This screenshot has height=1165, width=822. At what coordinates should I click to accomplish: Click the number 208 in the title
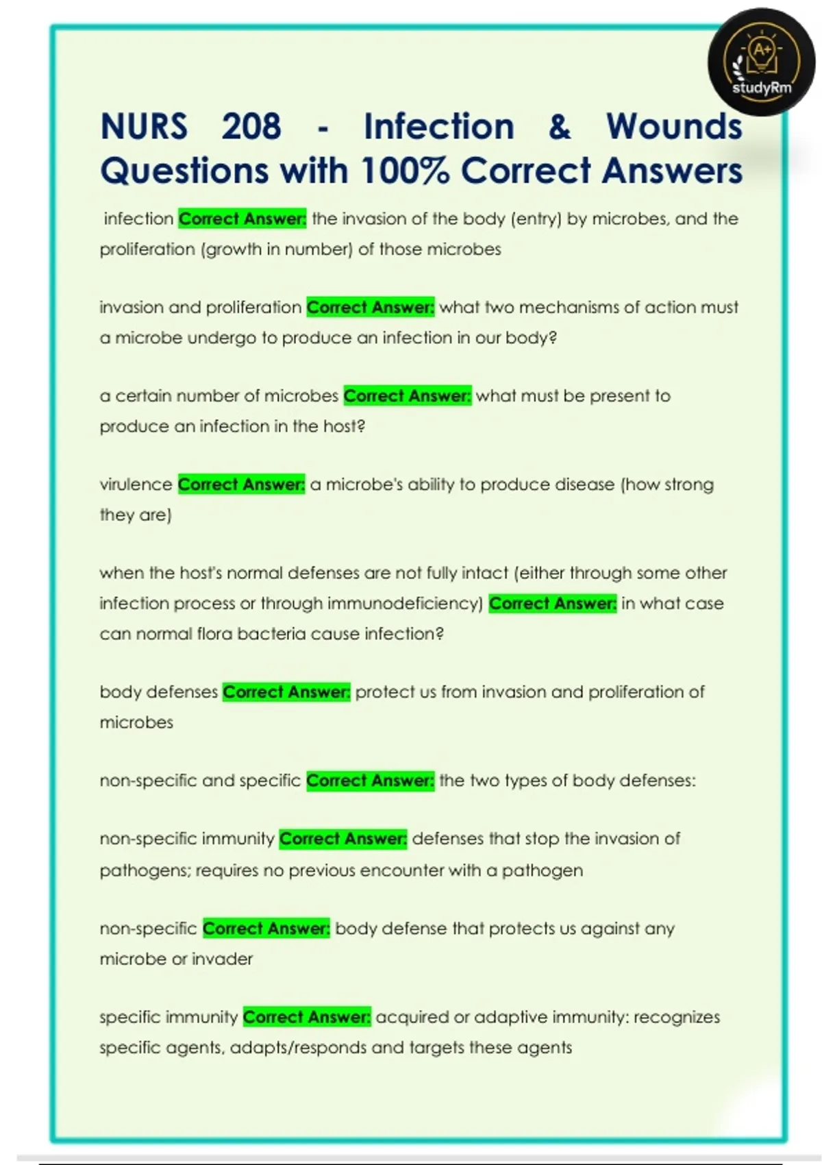[x=251, y=127]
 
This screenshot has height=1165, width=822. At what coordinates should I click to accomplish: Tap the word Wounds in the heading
[x=674, y=127]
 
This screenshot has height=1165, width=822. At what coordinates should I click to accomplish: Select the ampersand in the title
[x=559, y=127]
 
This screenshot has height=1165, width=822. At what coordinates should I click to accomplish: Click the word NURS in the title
[x=144, y=127]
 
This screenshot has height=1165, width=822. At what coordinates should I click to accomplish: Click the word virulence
[x=136, y=485]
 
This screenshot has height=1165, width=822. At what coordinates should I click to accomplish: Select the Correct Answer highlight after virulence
[x=241, y=485]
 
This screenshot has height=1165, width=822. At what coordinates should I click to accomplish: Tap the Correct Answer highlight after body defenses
[x=286, y=692]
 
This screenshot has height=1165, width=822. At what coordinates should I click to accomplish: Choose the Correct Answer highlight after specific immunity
[x=307, y=1017]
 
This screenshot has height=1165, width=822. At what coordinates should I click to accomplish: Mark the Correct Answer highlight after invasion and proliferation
[x=370, y=308]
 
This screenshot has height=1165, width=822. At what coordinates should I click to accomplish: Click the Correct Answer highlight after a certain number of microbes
[x=407, y=396]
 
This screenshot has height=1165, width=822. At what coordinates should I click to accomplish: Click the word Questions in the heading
[x=184, y=171]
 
